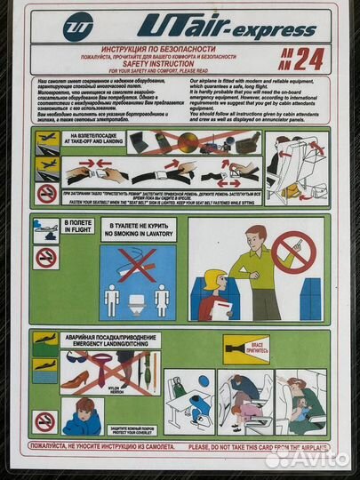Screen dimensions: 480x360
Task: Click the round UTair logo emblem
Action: coord(78,27)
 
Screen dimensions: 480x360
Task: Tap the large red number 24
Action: coord(305,58)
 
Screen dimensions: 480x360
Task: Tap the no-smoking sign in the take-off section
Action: coord(46,193)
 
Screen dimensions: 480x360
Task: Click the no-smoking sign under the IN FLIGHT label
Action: coord(46,258)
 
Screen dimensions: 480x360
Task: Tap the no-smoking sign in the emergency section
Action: coord(46,420)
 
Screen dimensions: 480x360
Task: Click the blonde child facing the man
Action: coord(214,292)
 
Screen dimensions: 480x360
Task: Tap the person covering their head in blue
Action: coord(82,415)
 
